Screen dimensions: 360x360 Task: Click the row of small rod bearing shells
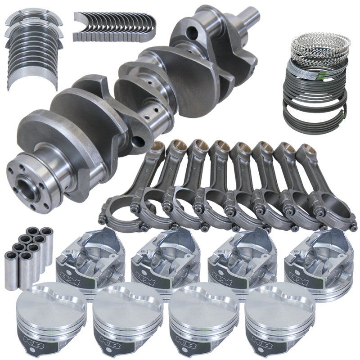click(x=115, y=25)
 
